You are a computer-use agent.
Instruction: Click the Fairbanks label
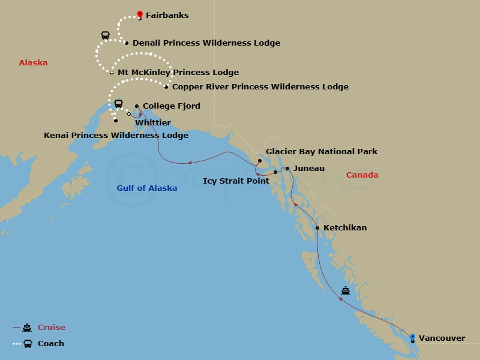(x=167, y=16)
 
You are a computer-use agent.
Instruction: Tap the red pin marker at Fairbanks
(x=140, y=13)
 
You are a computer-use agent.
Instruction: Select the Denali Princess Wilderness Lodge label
(x=206, y=43)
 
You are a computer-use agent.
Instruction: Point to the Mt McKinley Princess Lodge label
(x=178, y=73)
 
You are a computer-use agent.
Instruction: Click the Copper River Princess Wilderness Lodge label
(x=260, y=87)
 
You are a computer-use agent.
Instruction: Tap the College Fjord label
(x=171, y=106)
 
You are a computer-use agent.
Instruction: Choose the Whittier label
(x=153, y=122)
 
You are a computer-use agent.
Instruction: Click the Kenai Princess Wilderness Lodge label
(x=116, y=136)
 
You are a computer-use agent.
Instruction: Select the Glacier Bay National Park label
(x=322, y=152)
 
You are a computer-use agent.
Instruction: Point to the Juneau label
(x=309, y=169)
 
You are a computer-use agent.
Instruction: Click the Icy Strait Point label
(x=236, y=181)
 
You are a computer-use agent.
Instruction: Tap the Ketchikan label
(x=344, y=228)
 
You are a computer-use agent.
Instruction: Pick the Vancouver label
(x=442, y=338)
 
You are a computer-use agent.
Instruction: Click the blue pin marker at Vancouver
(x=412, y=337)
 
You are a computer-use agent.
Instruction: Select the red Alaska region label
(x=33, y=63)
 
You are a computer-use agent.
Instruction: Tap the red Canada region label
(x=362, y=175)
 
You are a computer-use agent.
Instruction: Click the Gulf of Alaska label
(x=147, y=188)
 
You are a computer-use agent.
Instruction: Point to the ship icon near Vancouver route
(x=346, y=291)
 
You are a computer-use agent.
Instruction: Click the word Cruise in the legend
(x=52, y=328)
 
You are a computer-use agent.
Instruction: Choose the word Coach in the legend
(x=51, y=344)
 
